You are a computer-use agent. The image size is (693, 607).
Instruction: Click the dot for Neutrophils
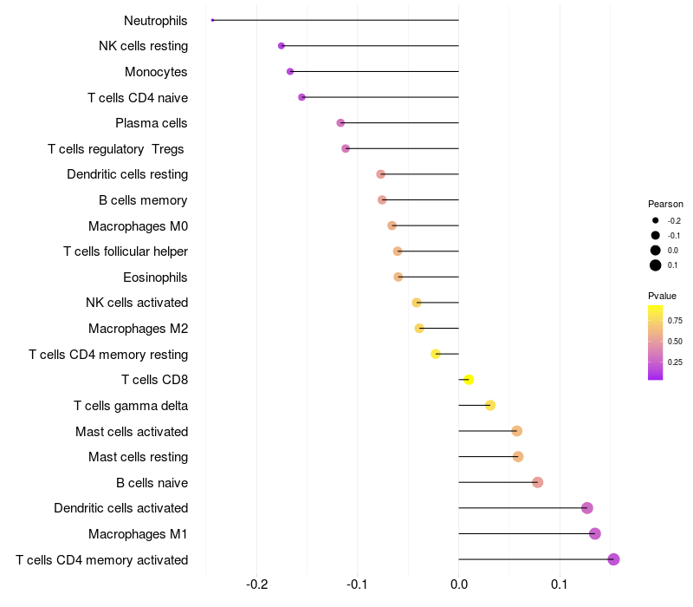tap(212, 20)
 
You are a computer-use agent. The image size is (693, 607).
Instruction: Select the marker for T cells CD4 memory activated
tap(613, 559)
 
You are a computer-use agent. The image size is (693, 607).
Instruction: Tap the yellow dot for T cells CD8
tap(469, 380)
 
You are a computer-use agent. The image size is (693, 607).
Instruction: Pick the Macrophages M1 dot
tap(594, 534)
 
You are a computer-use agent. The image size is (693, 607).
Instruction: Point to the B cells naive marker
tap(537, 482)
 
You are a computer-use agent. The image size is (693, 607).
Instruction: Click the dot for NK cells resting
tap(282, 46)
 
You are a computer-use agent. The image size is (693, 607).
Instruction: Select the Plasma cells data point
tap(340, 123)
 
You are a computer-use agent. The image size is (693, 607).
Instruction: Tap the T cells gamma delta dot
tap(490, 405)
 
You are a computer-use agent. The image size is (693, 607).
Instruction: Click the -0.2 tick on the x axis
tap(257, 584)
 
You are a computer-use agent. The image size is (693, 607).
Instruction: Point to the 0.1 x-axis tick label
tap(560, 584)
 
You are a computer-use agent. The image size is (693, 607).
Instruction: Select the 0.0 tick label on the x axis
tap(458, 584)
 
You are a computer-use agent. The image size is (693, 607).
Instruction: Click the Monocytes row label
tap(156, 72)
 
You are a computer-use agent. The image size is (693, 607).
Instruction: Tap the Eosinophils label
tap(156, 277)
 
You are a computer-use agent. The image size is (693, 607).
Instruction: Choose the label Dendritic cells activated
tap(120, 508)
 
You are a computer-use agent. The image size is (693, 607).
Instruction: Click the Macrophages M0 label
tap(138, 226)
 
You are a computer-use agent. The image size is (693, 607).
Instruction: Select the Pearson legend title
tap(665, 204)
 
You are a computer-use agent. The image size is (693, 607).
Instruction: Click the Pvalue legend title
tap(662, 296)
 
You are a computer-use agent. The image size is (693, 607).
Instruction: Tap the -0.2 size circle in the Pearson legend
tap(656, 221)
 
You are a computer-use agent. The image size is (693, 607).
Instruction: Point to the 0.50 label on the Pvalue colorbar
tap(675, 341)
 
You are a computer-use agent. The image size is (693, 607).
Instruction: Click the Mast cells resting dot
tap(518, 457)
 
